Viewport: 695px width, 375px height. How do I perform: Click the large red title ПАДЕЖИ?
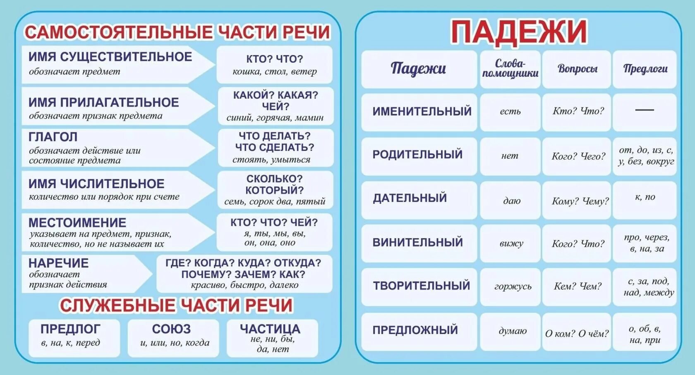519,31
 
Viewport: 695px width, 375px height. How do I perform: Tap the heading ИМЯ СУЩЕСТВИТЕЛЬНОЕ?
110,57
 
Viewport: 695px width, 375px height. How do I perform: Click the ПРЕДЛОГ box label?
70,329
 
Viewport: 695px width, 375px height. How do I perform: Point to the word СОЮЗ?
171,329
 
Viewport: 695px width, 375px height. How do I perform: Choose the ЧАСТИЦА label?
270,329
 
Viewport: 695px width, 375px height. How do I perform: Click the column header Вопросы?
577,69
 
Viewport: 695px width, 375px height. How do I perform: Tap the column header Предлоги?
645,69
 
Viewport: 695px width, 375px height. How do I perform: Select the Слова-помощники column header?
510,69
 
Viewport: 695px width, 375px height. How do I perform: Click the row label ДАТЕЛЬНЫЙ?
410,198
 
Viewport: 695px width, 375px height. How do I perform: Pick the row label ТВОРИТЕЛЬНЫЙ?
422,286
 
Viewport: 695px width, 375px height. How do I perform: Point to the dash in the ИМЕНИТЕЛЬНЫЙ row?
645,110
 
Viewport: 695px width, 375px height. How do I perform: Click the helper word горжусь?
513,286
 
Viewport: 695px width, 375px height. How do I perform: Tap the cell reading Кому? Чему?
580,201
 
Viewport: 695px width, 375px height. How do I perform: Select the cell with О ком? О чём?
577,334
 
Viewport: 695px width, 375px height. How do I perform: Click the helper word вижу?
511,243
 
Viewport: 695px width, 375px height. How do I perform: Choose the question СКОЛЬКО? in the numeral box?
274,179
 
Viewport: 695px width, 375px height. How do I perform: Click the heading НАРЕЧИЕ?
58,263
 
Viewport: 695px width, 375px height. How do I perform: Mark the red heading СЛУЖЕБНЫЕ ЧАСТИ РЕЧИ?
176,306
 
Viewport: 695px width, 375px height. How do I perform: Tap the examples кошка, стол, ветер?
274,72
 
